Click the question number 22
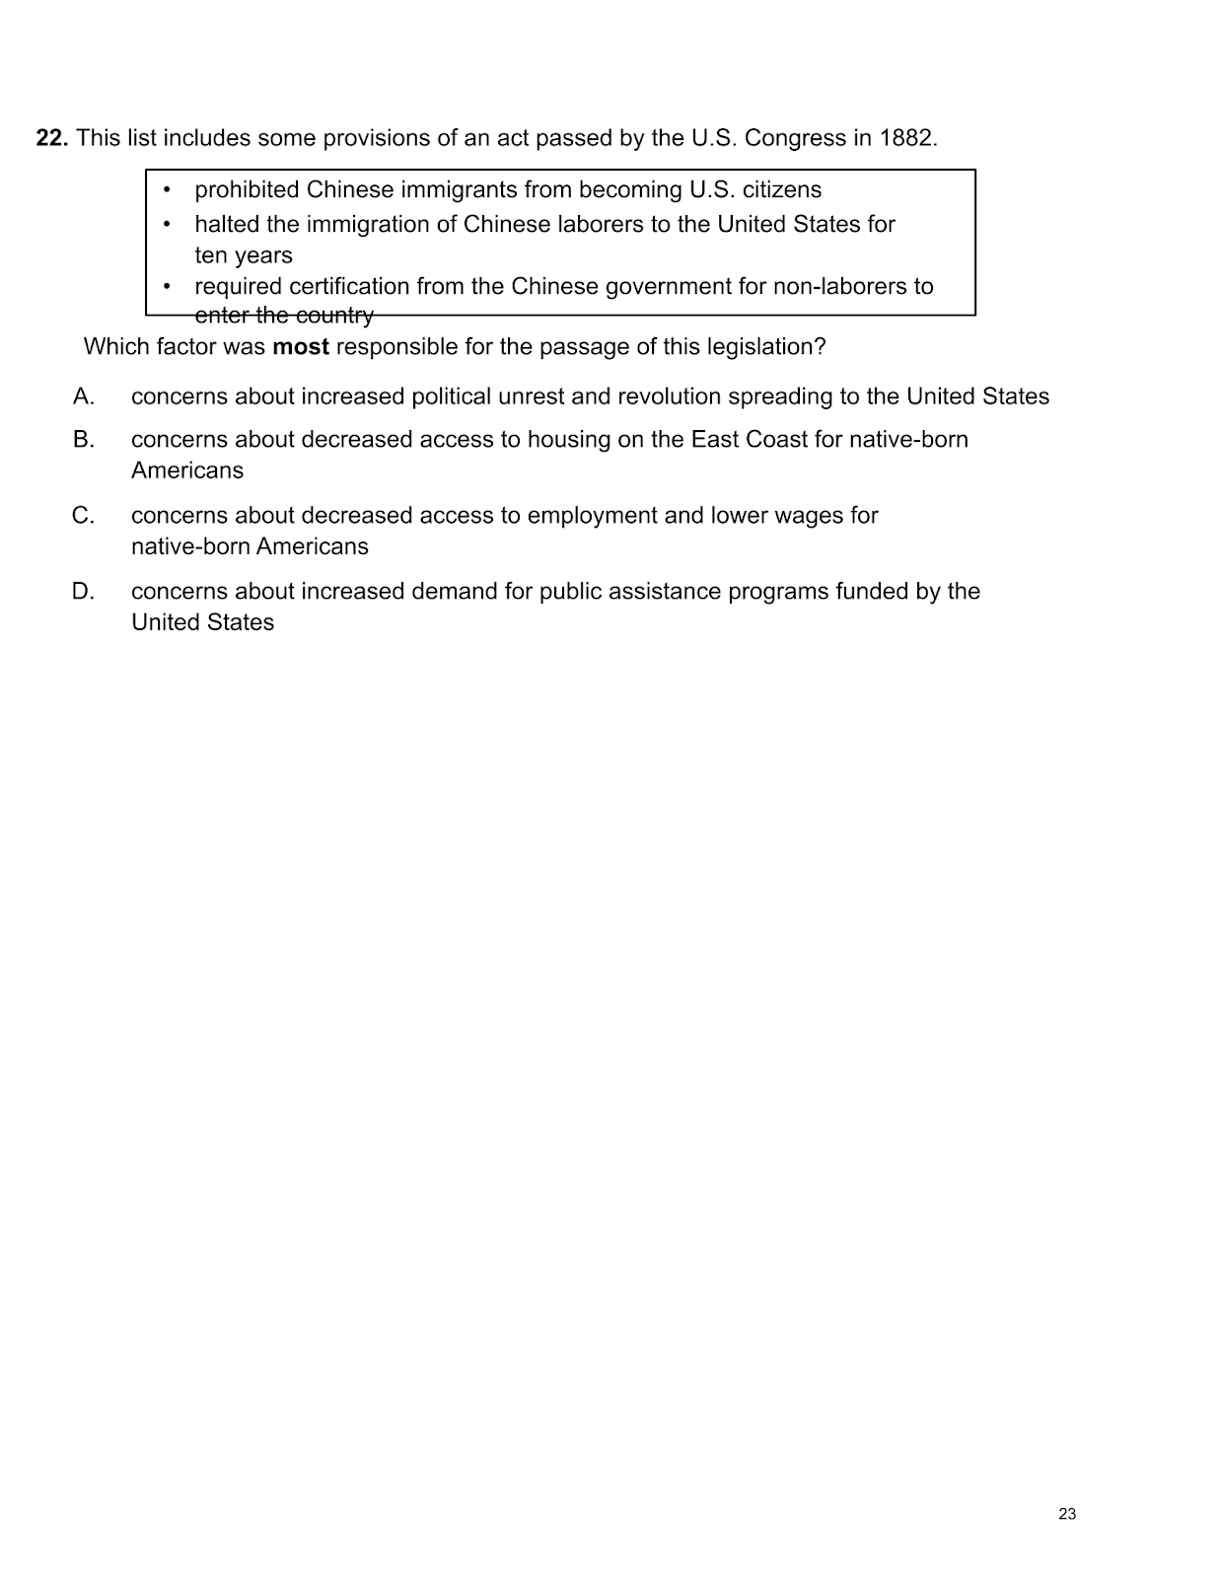[51, 138]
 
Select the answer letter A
[84, 396]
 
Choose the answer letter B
[84, 439]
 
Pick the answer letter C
[84, 515]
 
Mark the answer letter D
[84, 591]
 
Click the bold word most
[300, 347]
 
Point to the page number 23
[1067, 1514]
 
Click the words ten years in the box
[244, 255]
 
